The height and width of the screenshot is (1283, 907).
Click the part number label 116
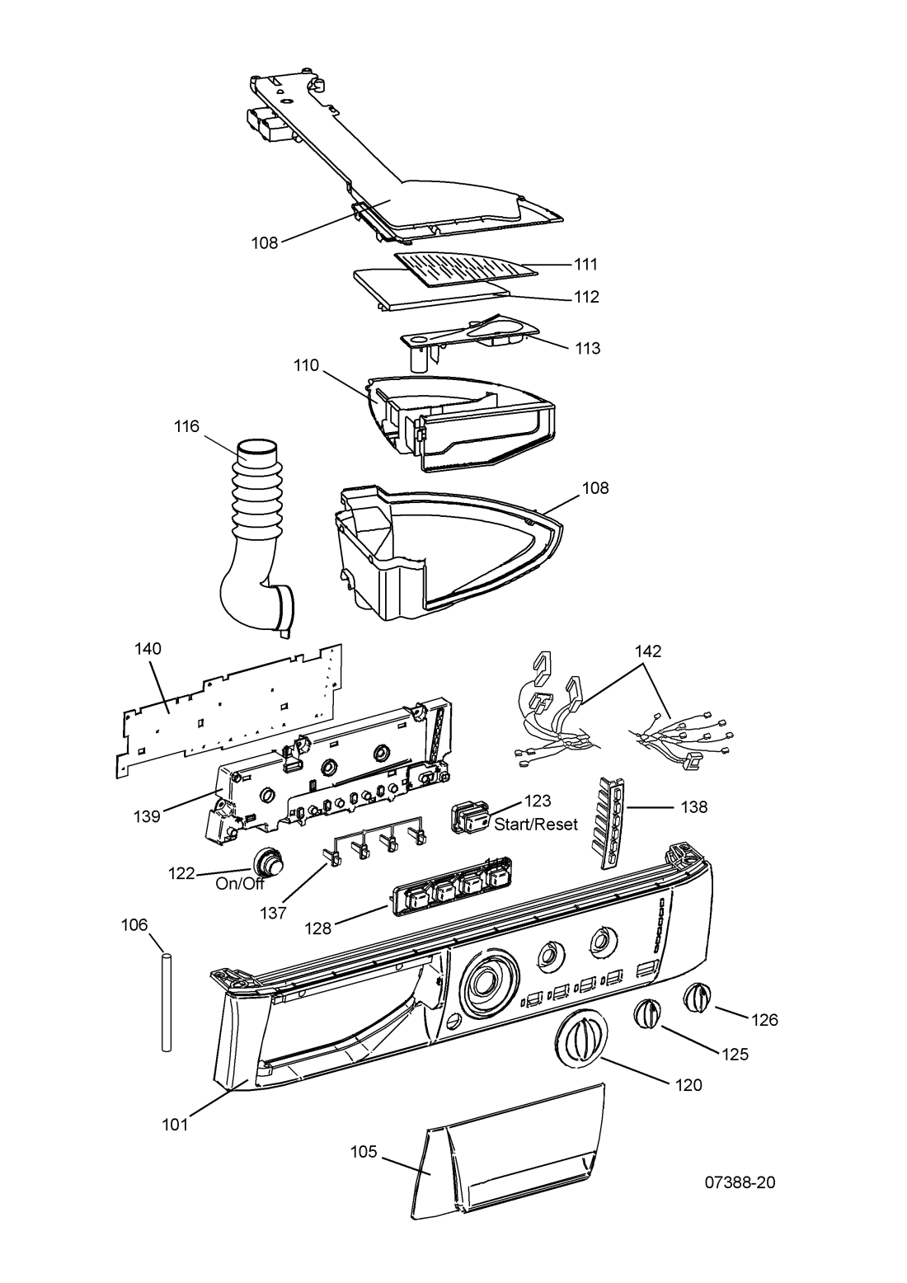click(x=186, y=426)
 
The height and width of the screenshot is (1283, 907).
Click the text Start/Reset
click(x=536, y=824)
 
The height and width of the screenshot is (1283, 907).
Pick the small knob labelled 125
click(x=646, y=1014)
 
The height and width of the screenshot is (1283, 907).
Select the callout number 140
click(x=148, y=649)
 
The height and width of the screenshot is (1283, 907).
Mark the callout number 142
click(x=647, y=651)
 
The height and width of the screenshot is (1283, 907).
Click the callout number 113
click(x=587, y=348)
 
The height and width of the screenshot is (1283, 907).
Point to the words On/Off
click(x=240, y=884)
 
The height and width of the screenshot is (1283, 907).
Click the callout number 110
click(x=307, y=365)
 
